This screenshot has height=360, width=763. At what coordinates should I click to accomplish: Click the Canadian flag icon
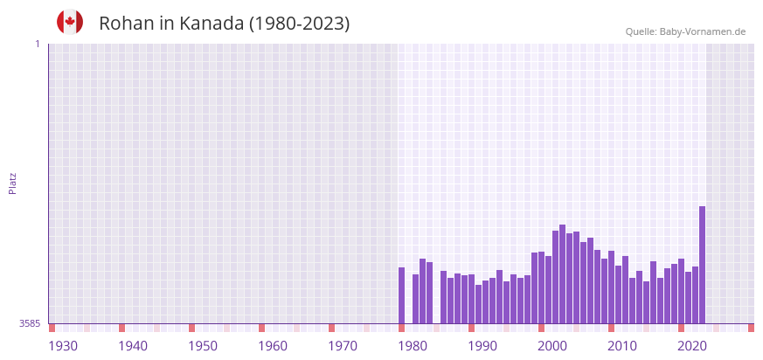pos(70,22)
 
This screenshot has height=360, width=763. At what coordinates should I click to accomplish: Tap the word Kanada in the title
pos(212,24)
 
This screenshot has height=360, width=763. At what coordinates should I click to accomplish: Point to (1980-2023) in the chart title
pos(300,24)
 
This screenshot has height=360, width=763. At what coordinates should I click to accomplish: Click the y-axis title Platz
pos(12,183)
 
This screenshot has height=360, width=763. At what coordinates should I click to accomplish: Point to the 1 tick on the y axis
pos(37,44)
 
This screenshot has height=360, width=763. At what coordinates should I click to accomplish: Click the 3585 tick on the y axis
pos(30,323)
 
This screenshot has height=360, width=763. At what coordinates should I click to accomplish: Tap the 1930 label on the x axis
pos(63,346)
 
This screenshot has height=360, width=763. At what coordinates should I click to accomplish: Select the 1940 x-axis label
pos(133,346)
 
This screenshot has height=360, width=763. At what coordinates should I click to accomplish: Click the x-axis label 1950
pos(203,346)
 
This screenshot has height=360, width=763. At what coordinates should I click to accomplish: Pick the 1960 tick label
pos(273,346)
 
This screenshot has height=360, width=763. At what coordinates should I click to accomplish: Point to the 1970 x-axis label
pos(343,346)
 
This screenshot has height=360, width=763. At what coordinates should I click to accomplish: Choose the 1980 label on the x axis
pos(413,346)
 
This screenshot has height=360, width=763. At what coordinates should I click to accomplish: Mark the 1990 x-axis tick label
pos(482,346)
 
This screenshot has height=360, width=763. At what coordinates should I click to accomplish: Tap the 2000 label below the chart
pos(552,346)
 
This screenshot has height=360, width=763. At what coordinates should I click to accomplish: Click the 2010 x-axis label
pos(622,346)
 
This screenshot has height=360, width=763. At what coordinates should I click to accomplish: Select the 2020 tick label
pos(692,346)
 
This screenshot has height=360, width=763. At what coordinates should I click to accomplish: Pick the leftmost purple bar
pos(401,295)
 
